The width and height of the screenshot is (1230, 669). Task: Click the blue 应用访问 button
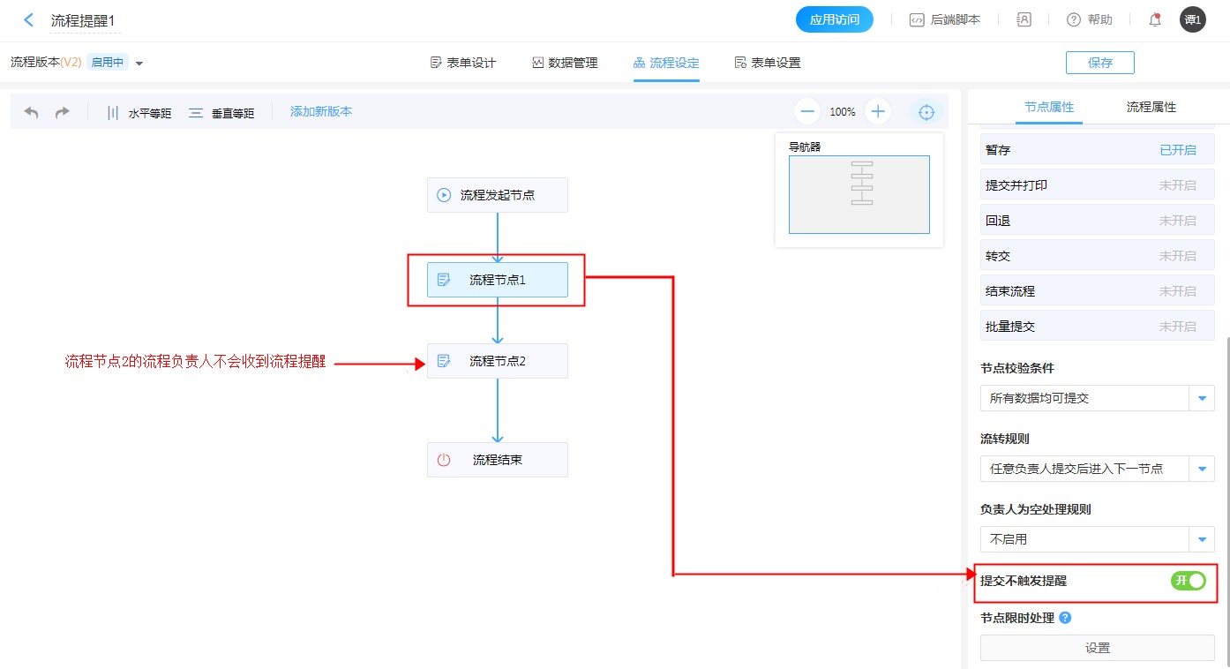[x=834, y=19]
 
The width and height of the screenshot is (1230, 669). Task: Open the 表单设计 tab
[x=463, y=63]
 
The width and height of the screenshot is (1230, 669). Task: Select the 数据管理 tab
[x=565, y=63]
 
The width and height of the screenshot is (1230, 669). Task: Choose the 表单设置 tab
[x=768, y=63]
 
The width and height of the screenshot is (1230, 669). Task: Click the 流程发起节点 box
[x=497, y=195]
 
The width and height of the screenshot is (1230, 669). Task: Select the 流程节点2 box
[x=497, y=361]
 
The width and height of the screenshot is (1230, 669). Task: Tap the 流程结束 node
[x=497, y=460]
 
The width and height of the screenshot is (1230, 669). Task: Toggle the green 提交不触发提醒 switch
[x=1188, y=581]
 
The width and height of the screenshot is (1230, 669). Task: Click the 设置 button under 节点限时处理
[x=1097, y=648]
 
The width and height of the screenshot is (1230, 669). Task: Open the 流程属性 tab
[x=1151, y=108]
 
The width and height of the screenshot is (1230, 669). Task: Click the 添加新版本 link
[x=321, y=112]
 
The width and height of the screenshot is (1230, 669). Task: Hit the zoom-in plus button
[x=878, y=112]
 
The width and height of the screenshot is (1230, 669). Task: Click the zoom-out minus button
[x=807, y=112]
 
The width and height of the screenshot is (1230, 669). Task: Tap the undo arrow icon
[x=31, y=113]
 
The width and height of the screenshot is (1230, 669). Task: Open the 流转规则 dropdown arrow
[x=1202, y=469]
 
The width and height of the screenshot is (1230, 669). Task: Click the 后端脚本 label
[x=955, y=19]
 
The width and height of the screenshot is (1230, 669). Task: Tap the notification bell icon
[x=1154, y=19]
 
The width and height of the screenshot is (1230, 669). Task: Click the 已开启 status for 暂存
[x=1177, y=150]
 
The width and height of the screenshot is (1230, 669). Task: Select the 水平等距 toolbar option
[x=139, y=113]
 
